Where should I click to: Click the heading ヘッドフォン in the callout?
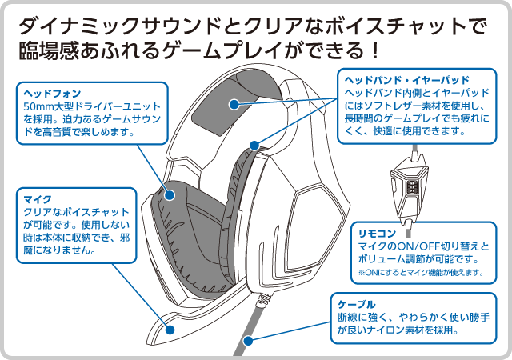coord(52,94)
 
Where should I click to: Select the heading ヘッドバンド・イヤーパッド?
coord(407,80)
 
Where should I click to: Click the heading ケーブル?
coord(357,305)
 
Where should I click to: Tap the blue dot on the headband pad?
coord(234,105)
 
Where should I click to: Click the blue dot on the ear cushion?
coord(170,195)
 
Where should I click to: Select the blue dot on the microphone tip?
coord(170,330)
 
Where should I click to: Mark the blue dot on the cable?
coord(248,341)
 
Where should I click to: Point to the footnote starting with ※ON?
coord(421,273)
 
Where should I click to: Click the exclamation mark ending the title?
coord(376,50)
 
